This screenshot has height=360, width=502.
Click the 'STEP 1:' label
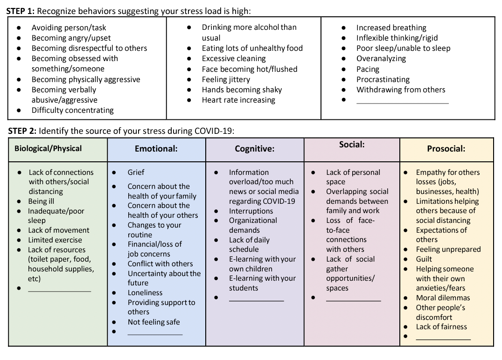coord(20,11)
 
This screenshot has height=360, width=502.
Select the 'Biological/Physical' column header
coord(48,149)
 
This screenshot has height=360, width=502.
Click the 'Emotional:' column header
coord(156,149)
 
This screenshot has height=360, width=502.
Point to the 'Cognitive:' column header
coord(254,149)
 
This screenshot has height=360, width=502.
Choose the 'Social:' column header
coord(352,145)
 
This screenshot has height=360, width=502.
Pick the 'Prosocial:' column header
coord(446,149)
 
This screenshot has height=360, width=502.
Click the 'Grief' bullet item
coord(136,172)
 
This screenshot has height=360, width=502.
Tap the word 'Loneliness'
coord(145,293)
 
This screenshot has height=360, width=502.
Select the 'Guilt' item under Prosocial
coord(424,259)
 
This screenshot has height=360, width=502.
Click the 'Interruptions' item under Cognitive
coord(251,211)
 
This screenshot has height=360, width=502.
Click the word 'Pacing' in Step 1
coord(368,69)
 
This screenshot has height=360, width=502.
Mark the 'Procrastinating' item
coord(383,79)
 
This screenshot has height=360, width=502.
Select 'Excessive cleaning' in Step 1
coord(234,59)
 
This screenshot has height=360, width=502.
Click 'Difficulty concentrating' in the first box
coord(73,111)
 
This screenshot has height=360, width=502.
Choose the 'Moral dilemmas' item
coord(443,298)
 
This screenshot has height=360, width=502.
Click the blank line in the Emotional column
coord(155,334)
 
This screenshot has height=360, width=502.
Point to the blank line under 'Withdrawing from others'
coord(402,103)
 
